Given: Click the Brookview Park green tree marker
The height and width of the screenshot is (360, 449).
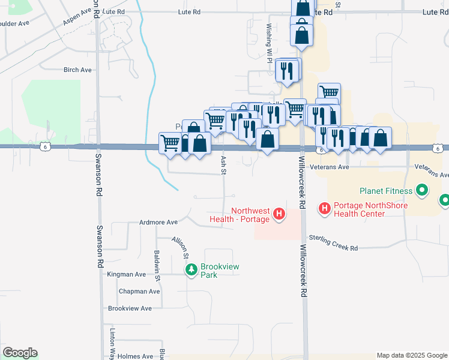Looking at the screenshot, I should (x=191, y=270).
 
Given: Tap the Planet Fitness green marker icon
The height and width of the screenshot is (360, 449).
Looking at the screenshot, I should (x=422, y=191).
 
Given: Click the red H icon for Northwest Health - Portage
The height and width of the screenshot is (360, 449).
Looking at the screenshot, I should (x=279, y=214).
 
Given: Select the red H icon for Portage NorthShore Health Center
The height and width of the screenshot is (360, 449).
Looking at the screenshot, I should (x=325, y=209).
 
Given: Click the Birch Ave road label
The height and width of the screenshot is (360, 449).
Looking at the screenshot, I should (x=78, y=70).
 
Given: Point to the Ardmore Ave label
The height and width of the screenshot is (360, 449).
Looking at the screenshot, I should (x=158, y=222).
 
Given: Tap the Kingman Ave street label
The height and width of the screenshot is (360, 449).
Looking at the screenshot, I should (x=127, y=274).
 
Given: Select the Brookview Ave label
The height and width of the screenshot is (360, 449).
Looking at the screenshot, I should (x=130, y=308).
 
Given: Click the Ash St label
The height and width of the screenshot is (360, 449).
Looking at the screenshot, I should (x=223, y=165).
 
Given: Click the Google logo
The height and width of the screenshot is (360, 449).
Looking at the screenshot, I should (x=20, y=353).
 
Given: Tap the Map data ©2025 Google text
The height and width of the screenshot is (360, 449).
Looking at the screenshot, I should (x=411, y=355).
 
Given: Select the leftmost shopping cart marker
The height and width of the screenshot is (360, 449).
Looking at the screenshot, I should (x=170, y=143).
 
